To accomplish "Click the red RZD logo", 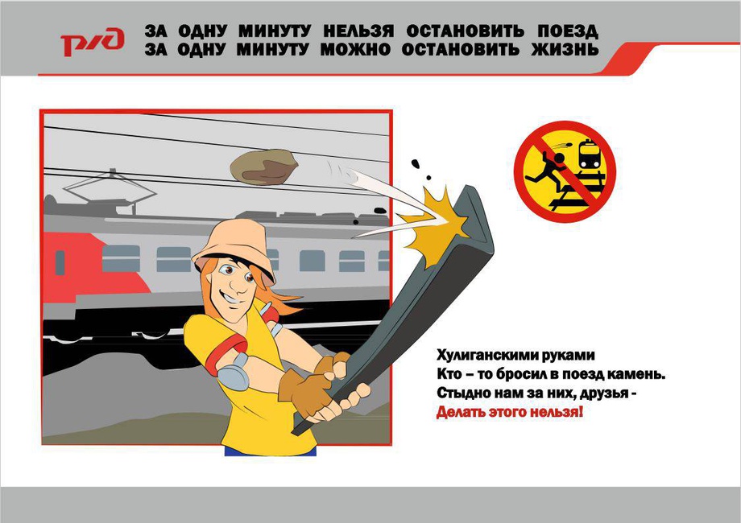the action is (93, 42).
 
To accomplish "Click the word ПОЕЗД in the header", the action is (568, 31).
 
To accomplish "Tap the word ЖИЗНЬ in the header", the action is (565, 49).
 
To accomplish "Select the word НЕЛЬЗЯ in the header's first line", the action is (358, 31).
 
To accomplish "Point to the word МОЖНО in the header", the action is (355, 49).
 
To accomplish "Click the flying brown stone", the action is (263, 167).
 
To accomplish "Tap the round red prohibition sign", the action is (565, 172).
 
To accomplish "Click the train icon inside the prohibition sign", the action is (590, 154).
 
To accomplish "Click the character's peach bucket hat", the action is (234, 248).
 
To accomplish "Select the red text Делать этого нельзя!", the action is (509, 412).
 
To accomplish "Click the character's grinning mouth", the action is (227, 299).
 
